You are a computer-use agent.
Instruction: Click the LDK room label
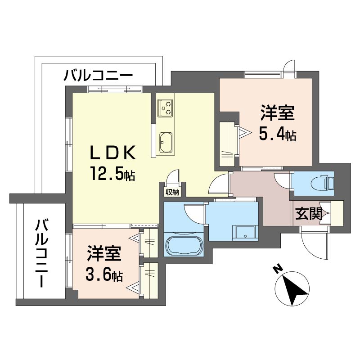(112, 153)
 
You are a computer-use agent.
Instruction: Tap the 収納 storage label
(172, 193)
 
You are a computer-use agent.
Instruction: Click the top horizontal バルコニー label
(98, 76)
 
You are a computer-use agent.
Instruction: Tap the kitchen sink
(166, 142)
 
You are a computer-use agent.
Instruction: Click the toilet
(322, 183)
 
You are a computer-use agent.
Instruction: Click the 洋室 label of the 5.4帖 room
(277, 112)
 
